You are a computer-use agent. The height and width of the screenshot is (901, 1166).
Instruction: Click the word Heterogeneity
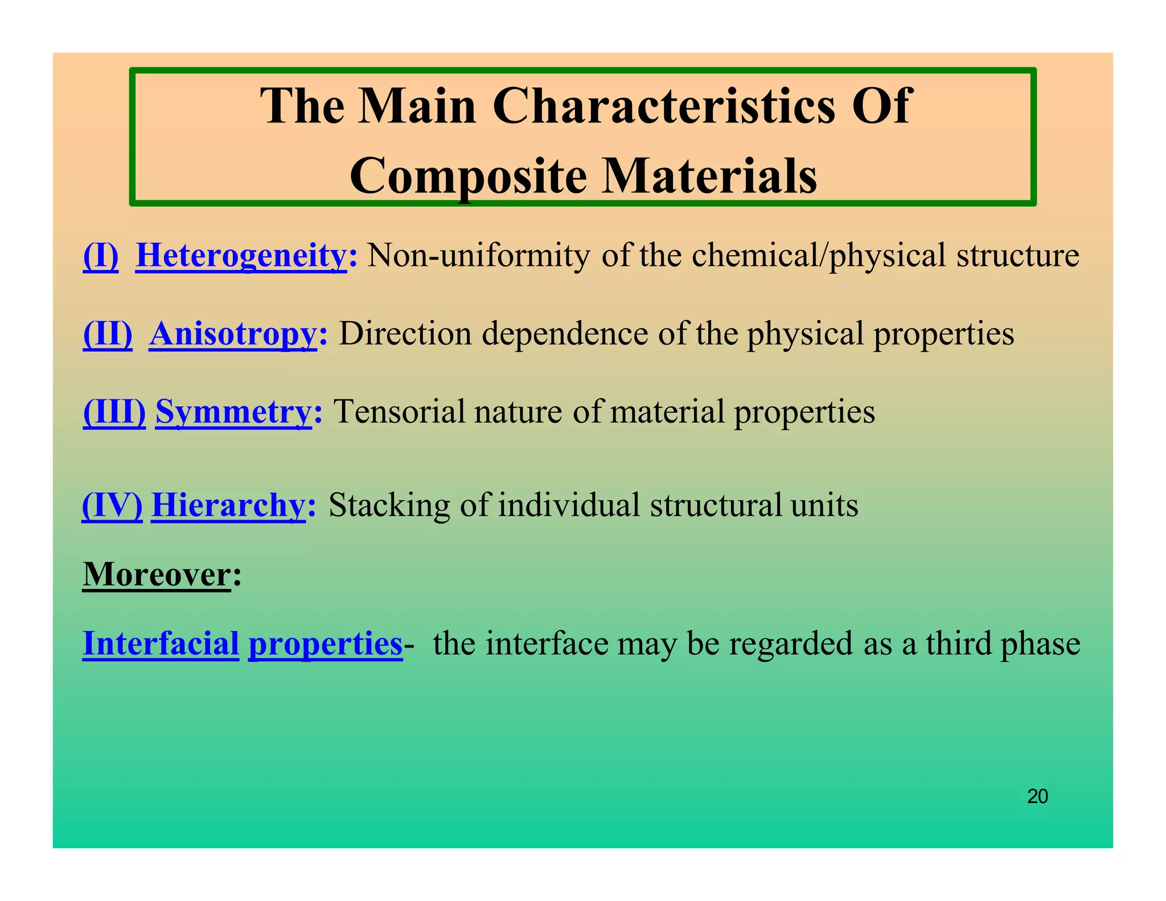241,256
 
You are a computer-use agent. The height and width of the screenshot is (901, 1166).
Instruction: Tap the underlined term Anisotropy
232,334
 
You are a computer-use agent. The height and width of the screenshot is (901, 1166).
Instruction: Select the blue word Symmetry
233,412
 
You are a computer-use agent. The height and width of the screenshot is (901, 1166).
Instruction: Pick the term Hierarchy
228,505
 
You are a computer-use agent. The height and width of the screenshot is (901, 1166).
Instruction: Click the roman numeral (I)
101,256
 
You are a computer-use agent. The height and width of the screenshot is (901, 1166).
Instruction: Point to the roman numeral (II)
108,334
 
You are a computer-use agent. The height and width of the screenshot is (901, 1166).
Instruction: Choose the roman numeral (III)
114,412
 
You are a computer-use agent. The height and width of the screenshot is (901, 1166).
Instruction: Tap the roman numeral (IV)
112,505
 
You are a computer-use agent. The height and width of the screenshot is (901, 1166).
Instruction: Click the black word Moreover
157,574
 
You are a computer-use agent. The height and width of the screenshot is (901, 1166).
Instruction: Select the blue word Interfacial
161,644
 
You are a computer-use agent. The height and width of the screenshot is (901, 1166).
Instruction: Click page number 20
1037,796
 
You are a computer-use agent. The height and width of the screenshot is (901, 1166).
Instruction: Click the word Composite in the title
468,175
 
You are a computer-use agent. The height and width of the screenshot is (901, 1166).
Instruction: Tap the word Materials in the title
709,175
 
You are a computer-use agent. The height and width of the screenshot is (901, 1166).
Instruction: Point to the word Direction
405,334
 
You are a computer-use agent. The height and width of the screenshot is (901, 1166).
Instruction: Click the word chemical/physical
819,256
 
